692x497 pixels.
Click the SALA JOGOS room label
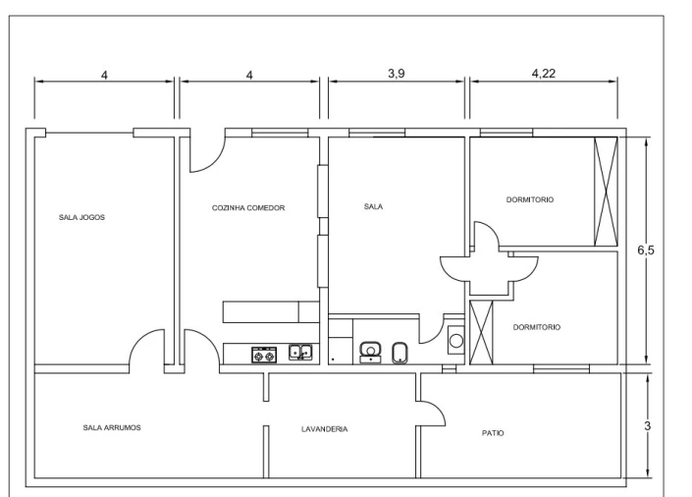pos(81,217)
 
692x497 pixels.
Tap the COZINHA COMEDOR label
pos(248,207)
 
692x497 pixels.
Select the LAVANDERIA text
pos(324,429)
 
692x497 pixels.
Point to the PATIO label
pos(493,433)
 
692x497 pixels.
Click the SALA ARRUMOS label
pos(112,427)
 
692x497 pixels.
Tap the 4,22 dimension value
pos(543,74)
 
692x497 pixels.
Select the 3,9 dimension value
pos(397,74)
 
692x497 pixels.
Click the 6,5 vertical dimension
pos(646,250)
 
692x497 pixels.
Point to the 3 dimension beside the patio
pos(648,426)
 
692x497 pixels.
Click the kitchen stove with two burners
pos(264,355)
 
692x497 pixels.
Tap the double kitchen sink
pos(300,352)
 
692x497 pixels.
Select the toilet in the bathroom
pos(399,353)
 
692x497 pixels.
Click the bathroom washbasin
pos(370,352)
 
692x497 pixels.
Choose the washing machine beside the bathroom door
pos(455,340)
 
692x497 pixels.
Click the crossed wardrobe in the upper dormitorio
pos(606,192)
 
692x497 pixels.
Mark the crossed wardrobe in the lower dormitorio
pos(481,332)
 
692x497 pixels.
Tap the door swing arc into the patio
pos(439,409)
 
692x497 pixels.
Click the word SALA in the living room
pos(373,206)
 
